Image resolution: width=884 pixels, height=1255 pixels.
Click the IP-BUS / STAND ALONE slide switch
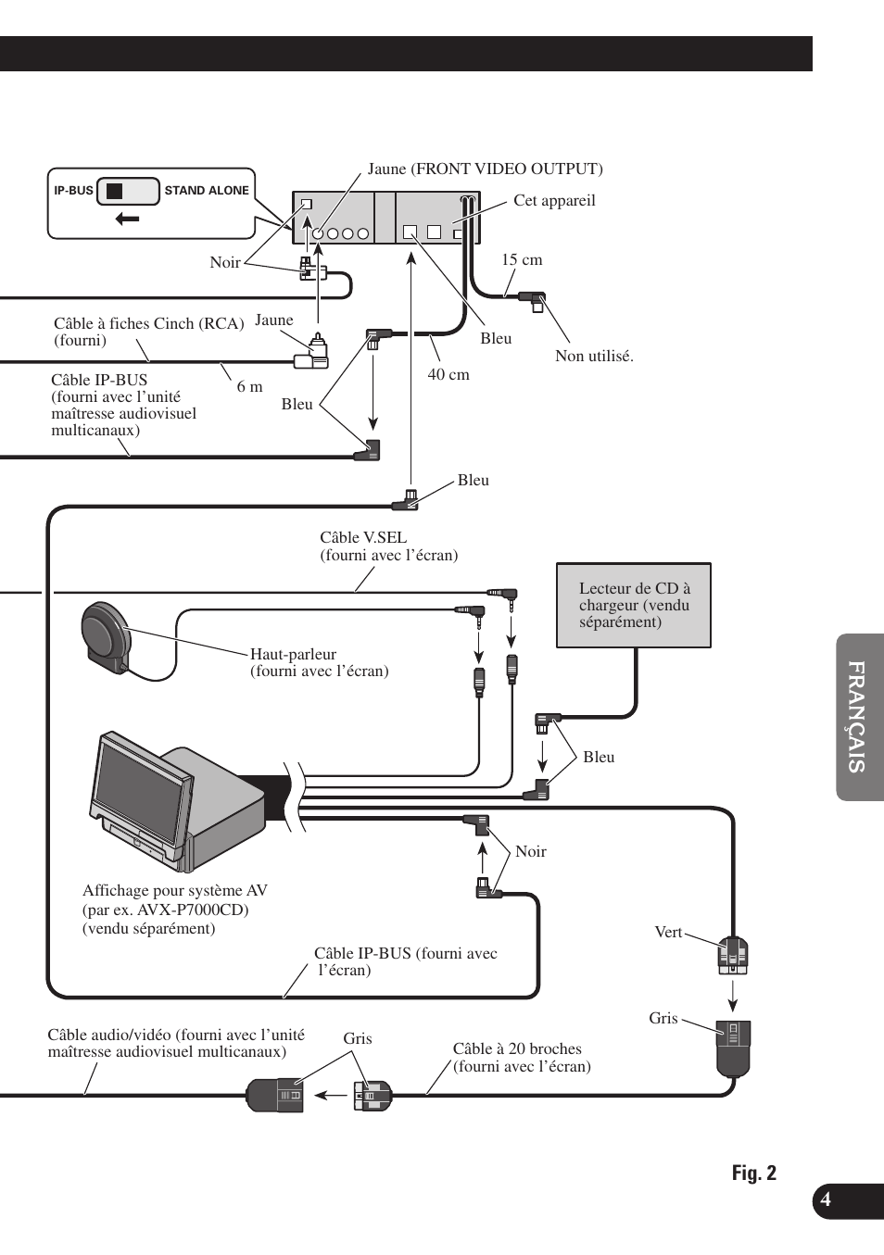pyautogui.click(x=129, y=191)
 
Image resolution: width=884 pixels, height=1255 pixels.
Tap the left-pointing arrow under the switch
pyautogui.click(x=127, y=220)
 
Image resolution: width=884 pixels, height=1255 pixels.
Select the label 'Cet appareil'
pyautogui.click(x=554, y=201)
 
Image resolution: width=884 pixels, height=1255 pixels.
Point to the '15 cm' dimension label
pyautogui.click(x=522, y=260)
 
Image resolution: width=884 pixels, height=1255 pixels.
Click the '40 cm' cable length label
pyautogui.click(x=448, y=374)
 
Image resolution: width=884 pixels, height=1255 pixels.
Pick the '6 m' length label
pyautogui.click(x=249, y=386)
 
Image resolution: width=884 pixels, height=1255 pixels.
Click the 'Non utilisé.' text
pyautogui.click(x=594, y=357)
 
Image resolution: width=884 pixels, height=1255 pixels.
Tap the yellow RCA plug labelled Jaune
pyautogui.click(x=313, y=352)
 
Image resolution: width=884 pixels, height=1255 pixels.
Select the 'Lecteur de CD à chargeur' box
pyautogui.click(x=634, y=606)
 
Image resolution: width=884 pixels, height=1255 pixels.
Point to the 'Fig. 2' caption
pyautogui.click(x=754, y=1173)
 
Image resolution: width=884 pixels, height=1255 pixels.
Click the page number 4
pyautogui.click(x=826, y=1199)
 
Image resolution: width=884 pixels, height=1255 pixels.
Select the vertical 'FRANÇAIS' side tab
pyautogui.click(x=858, y=717)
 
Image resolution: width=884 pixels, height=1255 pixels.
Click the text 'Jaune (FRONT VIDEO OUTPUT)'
pyautogui.click(x=485, y=169)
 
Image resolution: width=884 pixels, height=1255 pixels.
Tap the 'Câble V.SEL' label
pyautogui.click(x=363, y=537)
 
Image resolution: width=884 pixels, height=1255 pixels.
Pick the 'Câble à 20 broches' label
pyautogui.click(x=517, y=1048)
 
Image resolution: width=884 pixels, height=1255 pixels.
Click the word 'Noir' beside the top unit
pyautogui.click(x=225, y=262)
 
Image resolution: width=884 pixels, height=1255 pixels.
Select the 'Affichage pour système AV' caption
pyautogui.click(x=175, y=890)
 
